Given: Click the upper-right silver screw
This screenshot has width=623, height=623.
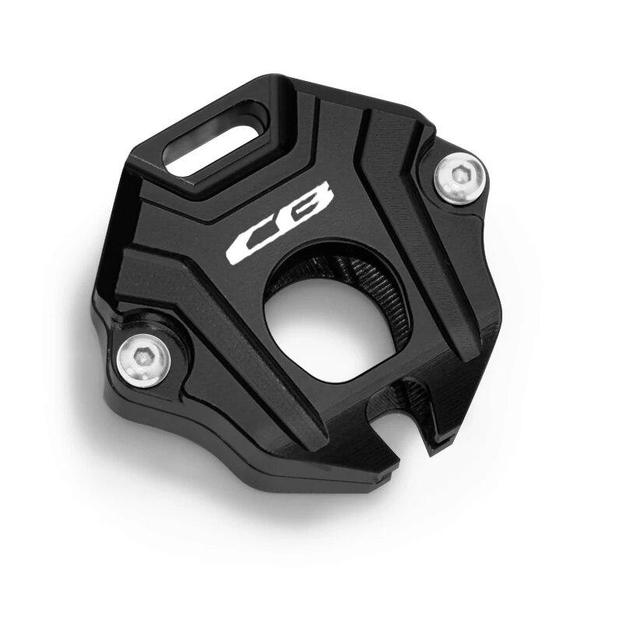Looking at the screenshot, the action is coord(460,179).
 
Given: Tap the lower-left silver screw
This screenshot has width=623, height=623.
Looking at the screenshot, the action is coord(144,361).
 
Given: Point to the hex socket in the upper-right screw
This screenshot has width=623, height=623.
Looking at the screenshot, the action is coord(459,174).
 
